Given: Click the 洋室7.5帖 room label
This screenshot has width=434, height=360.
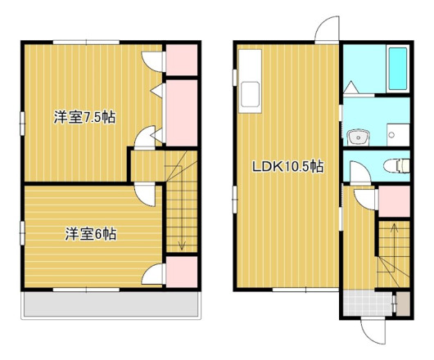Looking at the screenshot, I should click(84, 117).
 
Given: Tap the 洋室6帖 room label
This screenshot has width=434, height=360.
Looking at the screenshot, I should click(90, 234).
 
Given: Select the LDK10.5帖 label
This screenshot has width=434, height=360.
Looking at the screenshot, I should click(287, 167).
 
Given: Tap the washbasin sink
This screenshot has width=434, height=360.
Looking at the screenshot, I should click(357, 137).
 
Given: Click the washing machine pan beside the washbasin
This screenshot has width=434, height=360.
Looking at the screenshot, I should click(396, 132).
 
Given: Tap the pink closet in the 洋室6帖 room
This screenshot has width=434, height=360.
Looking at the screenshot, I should click(182, 272).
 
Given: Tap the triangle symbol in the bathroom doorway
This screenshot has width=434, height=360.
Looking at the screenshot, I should click(350, 86).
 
